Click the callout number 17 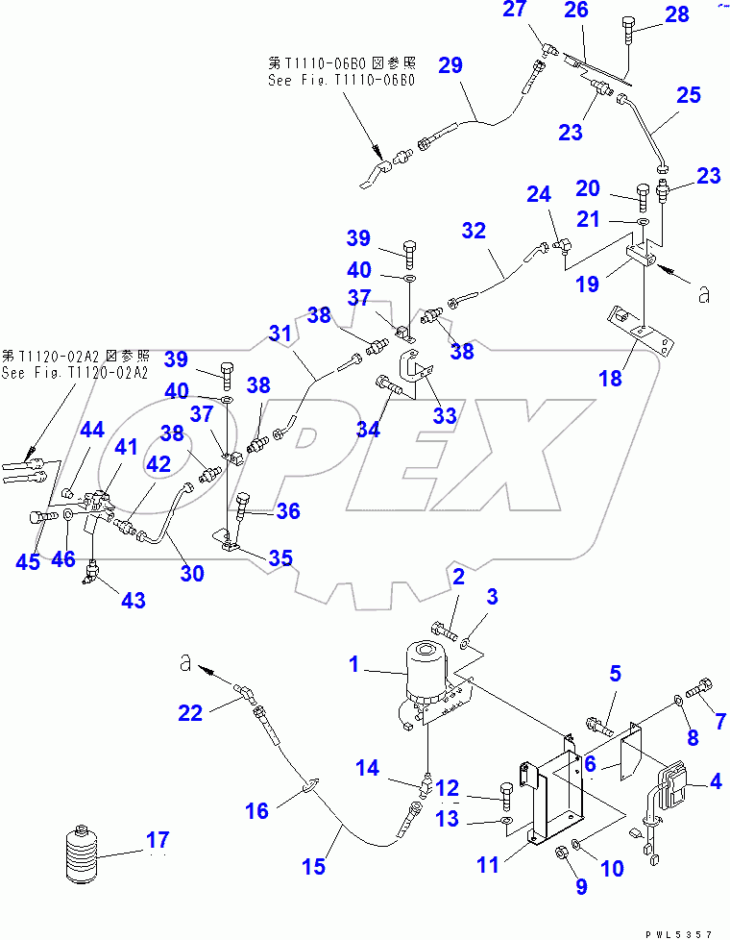coord(158,841)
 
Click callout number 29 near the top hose coord(450,66)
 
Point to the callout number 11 coord(488,865)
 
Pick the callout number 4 coord(715,782)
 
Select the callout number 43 coord(134,601)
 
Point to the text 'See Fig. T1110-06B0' coord(341,81)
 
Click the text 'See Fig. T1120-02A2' coord(74,373)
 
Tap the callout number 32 coord(474,231)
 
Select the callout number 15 coord(314,867)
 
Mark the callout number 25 coord(689,96)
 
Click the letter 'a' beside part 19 coord(704,296)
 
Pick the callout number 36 coord(288,512)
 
